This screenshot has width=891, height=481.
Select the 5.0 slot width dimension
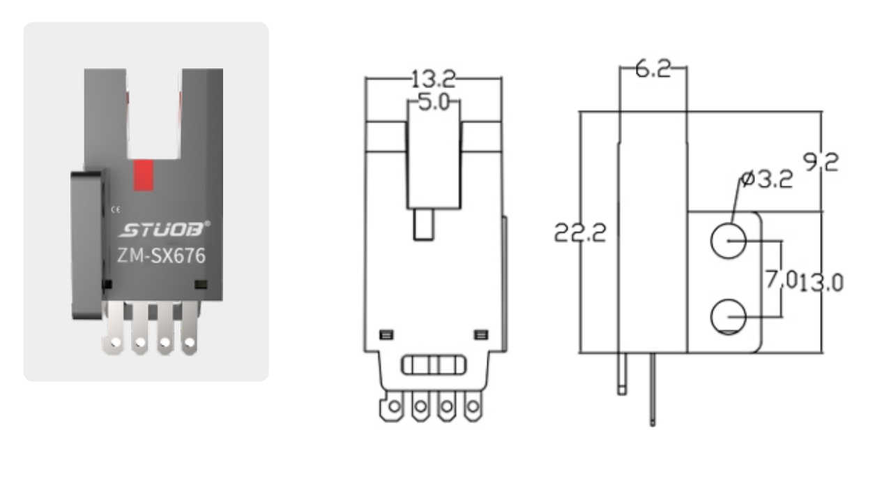point(433,103)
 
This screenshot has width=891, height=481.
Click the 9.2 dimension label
point(821,163)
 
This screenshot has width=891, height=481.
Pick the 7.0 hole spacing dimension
point(782,279)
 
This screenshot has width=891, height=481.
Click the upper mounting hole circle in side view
point(728,241)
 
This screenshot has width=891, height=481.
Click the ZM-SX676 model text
point(161,256)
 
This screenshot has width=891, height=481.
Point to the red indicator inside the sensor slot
point(143,175)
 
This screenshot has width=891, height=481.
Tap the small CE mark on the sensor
point(116,209)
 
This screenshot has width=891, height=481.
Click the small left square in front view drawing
point(386,334)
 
